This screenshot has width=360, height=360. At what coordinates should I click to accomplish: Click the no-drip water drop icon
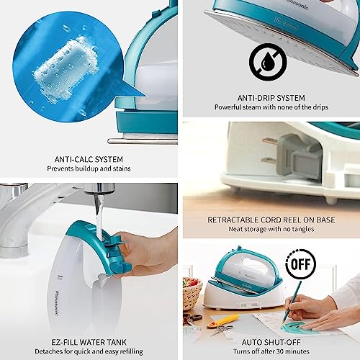tap(268, 63)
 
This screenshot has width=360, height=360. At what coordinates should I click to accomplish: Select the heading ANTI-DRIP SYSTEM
tap(270, 97)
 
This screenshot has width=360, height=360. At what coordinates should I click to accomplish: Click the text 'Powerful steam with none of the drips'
tap(270, 107)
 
